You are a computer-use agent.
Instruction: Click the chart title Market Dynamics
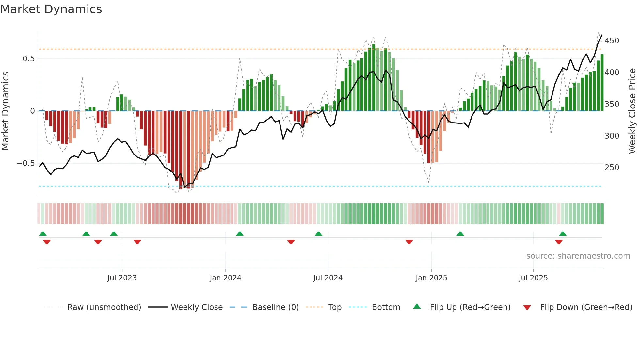pos(51,9)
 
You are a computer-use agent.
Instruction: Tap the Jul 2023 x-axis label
pos(122,278)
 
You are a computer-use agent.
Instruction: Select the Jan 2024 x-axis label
pos(225,278)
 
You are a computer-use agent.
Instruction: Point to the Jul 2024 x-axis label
pos(328,278)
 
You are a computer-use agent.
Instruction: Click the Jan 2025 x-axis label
pos(431,278)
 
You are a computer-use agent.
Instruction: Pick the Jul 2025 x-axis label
pos(533,278)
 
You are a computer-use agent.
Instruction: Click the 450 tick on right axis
pos(612,41)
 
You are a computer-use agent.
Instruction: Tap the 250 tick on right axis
pos(612,168)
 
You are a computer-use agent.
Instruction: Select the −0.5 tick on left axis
pos(26,163)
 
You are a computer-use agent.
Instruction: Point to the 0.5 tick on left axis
pos(28,59)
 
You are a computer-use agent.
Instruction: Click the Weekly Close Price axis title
pos(632,111)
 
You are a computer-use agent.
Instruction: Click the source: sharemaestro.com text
pos(578,256)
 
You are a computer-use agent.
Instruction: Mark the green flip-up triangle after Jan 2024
pos(240,234)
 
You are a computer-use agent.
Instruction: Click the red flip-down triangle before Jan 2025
pos(409,242)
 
